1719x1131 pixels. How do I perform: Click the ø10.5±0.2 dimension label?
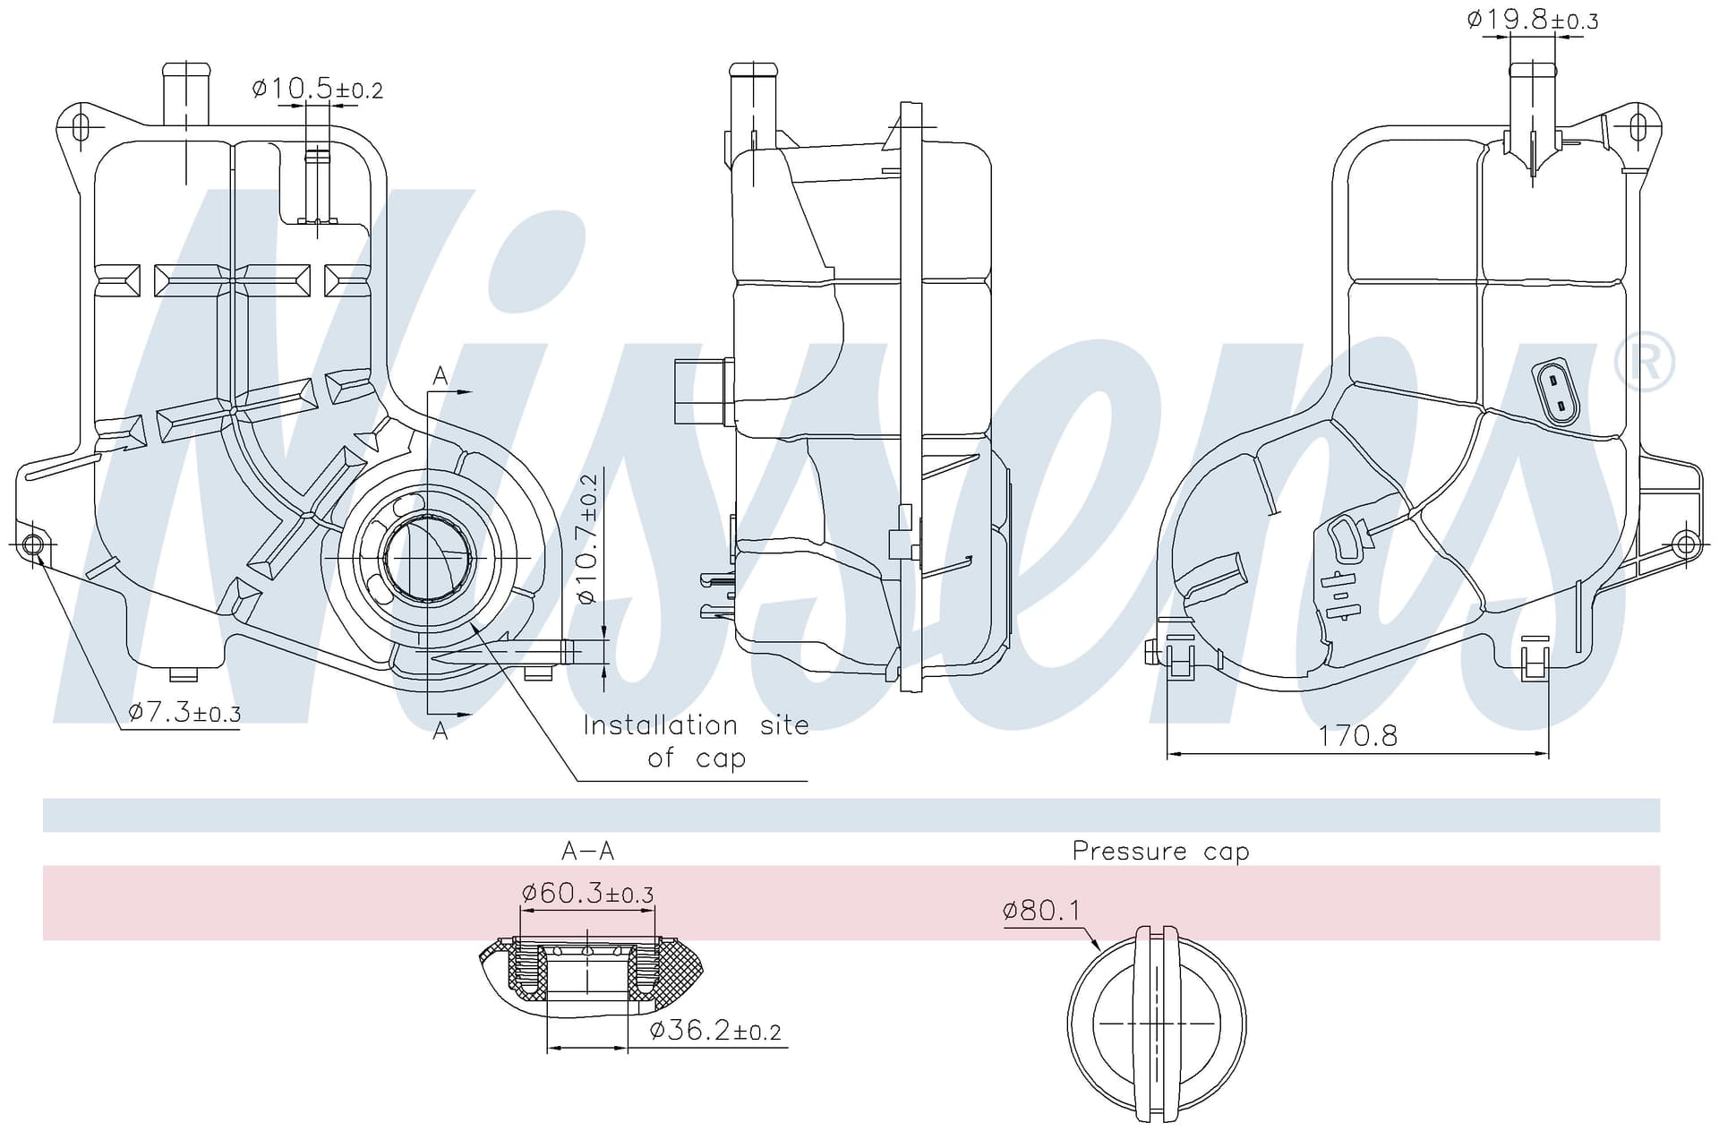point(318,89)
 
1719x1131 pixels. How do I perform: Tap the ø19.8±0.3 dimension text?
point(1533,20)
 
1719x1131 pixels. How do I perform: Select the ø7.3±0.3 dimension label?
point(184,713)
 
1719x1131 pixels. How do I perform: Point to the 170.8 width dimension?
point(1357,736)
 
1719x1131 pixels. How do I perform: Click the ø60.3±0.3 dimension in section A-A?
point(587,893)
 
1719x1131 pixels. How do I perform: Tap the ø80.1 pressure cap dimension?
point(1042,912)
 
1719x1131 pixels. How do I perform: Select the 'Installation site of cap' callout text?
point(696,741)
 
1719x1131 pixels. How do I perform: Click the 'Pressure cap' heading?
point(1160,851)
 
